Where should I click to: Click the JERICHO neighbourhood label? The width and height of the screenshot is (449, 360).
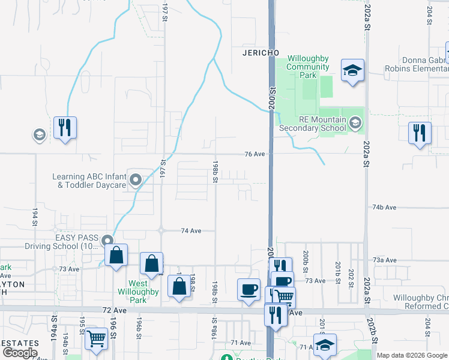point(261,53)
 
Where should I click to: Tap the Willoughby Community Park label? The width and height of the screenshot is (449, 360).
point(308,67)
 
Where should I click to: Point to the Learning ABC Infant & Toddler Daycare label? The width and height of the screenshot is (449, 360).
point(89,181)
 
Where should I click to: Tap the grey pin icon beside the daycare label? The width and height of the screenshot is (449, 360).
point(136,179)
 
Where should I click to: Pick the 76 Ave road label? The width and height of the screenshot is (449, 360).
point(255,154)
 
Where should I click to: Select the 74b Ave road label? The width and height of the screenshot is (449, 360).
point(384,207)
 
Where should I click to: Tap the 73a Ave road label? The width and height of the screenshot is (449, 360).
point(385,260)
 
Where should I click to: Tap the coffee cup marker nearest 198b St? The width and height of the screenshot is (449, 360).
point(249,290)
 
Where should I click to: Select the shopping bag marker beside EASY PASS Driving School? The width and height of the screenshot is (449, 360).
point(116,254)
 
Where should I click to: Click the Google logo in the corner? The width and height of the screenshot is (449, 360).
point(20,353)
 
